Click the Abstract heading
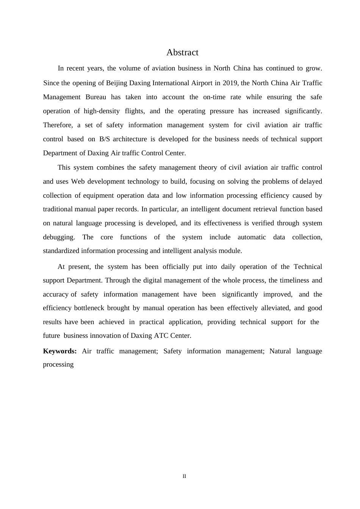click(x=182, y=52)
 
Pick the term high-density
click(x=102, y=111)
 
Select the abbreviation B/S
click(x=104, y=139)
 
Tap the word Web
click(x=78, y=181)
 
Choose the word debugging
click(x=59, y=237)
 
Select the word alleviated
click(x=276, y=308)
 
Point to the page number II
click(x=184, y=476)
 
